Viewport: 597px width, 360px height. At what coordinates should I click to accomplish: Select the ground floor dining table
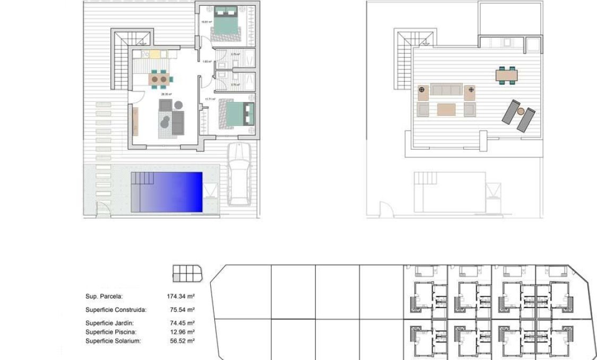(159, 80)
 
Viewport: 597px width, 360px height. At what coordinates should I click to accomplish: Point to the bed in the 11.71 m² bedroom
(237, 112)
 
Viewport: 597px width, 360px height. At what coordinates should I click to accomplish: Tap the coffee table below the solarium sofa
(446, 109)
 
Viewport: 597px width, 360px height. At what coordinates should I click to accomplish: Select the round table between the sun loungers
(521, 111)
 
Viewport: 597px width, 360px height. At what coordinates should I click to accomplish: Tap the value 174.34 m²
(181, 297)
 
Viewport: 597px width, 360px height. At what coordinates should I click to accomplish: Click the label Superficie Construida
(116, 310)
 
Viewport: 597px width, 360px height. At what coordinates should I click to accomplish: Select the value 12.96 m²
(181, 332)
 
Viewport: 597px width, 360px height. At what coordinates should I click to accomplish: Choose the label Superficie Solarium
(113, 341)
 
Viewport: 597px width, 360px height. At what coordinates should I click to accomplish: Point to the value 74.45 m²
(181, 323)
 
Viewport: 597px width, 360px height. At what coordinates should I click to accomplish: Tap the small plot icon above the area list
(187, 273)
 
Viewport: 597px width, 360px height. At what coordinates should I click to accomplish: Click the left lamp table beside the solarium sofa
(422, 92)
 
